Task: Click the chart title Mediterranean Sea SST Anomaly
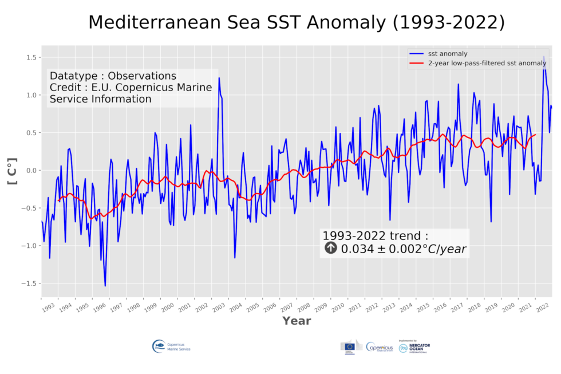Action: pyautogui.click(x=296, y=22)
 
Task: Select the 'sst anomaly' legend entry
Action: pyautogui.click(x=444, y=53)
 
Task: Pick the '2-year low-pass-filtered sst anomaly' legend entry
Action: pyautogui.click(x=487, y=63)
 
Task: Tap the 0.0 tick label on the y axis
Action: pyautogui.click(x=32, y=171)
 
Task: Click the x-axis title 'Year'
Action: pyautogui.click(x=296, y=321)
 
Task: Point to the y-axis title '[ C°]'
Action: pyautogui.click(x=12, y=171)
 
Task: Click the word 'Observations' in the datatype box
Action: pyautogui.click(x=142, y=76)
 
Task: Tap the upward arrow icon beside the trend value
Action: pyautogui.click(x=331, y=249)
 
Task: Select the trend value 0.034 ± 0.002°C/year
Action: pyautogui.click(x=403, y=249)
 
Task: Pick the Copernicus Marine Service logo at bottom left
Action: pyautogui.click(x=171, y=347)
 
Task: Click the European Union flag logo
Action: pyautogui.click(x=349, y=347)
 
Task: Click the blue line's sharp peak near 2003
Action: pyautogui.click(x=219, y=78)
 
